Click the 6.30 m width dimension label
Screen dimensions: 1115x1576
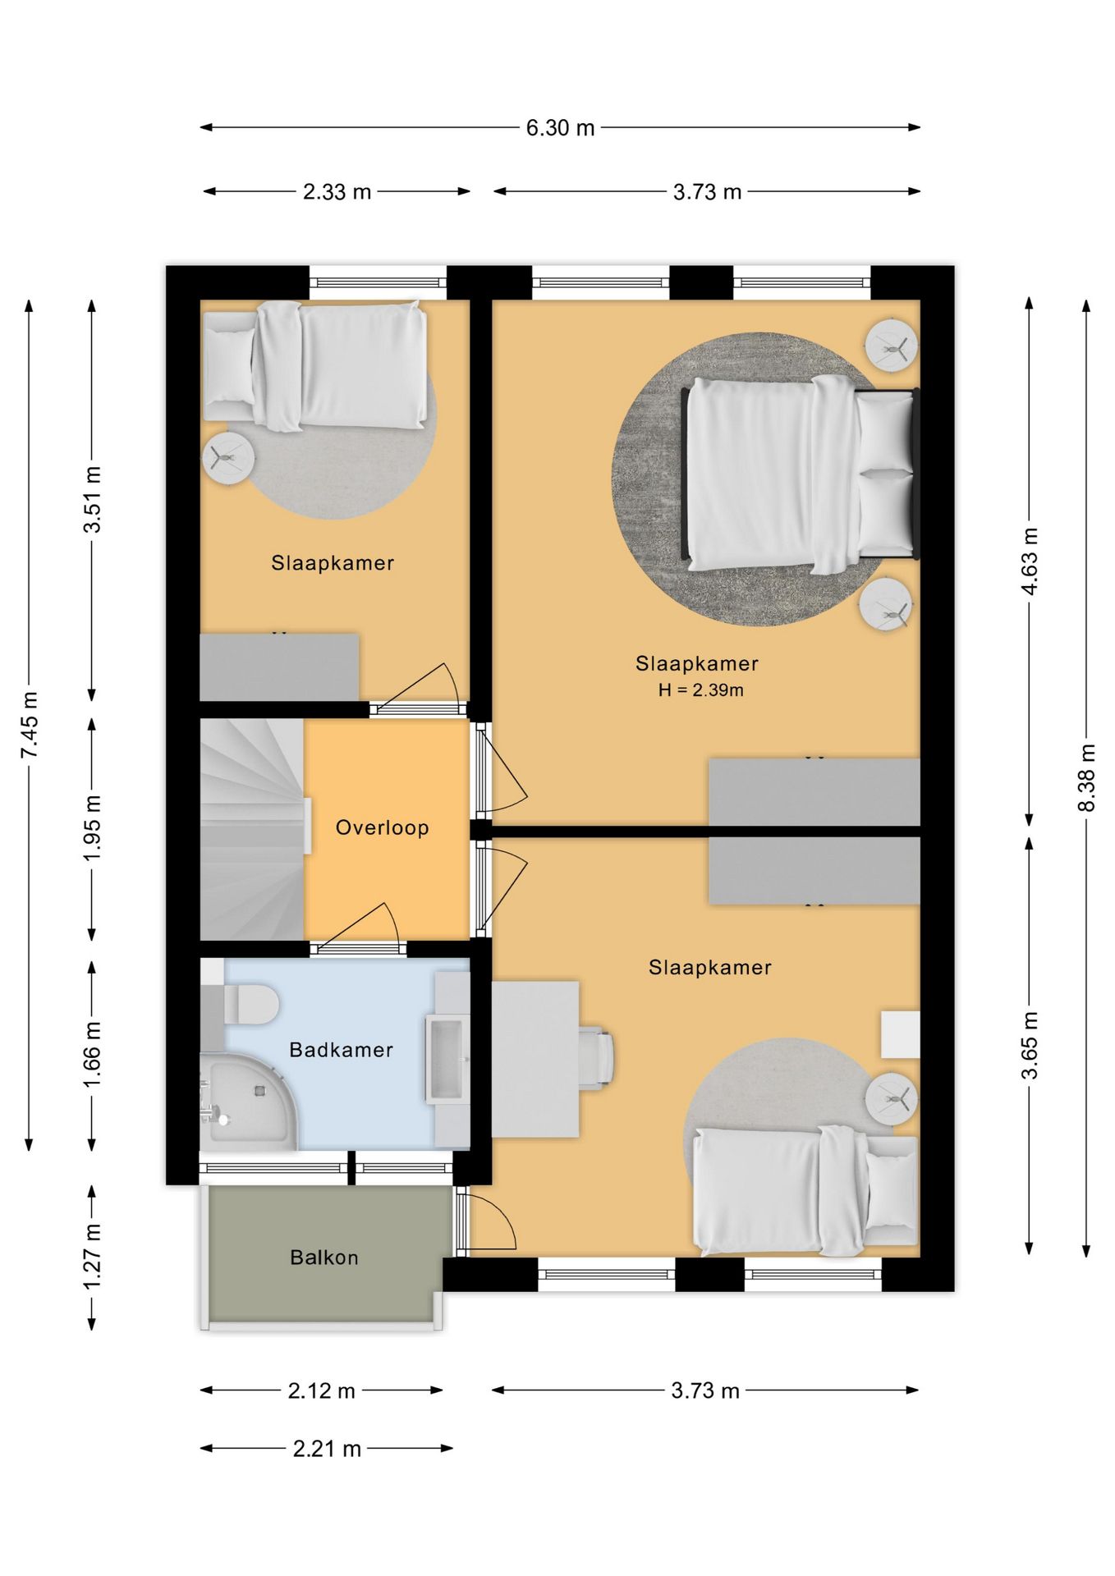click(x=560, y=128)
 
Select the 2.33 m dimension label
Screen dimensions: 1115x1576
click(x=337, y=192)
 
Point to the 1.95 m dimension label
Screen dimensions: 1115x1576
click(x=92, y=828)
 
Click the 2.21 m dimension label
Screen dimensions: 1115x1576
click(x=327, y=1450)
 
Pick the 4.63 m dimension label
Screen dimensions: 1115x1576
click(x=1029, y=561)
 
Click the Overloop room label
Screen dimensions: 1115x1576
click(x=383, y=827)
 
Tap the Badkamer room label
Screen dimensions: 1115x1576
click(x=342, y=1050)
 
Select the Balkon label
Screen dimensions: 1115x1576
click(x=324, y=1258)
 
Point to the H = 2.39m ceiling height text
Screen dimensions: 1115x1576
click(x=701, y=690)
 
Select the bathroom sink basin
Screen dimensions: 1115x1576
click(x=447, y=1058)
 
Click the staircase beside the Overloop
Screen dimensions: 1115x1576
click(x=253, y=829)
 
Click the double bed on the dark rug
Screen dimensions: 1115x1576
click(x=801, y=474)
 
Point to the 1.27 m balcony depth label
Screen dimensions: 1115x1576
click(x=92, y=1257)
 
